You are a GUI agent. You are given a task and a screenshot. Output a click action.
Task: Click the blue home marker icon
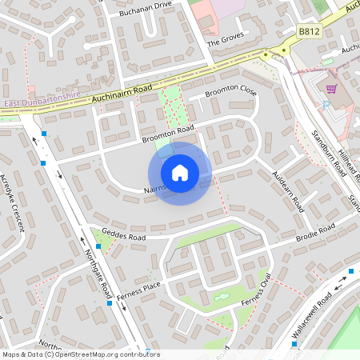coord(180,173)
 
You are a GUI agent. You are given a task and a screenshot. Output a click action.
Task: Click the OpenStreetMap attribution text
coord(81,354)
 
